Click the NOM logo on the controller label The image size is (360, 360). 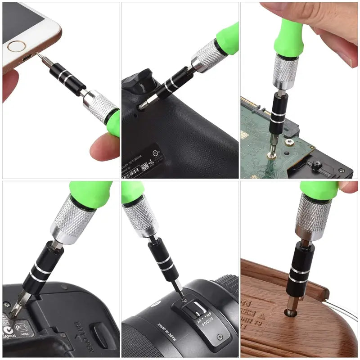click(x=145, y=165)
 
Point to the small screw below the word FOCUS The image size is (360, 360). click(x=219, y=337)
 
